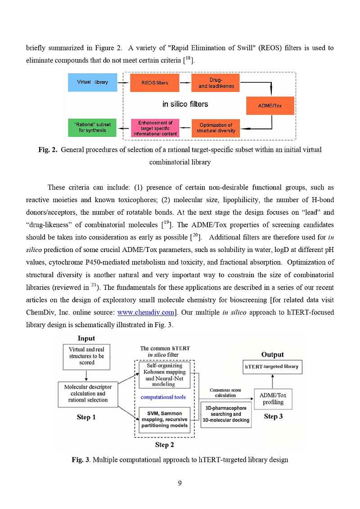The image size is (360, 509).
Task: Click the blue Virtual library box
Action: (x=92, y=82)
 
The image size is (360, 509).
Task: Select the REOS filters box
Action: (x=154, y=83)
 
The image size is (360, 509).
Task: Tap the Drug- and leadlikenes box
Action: (x=216, y=83)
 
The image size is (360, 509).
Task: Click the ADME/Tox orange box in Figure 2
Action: (x=270, y=106)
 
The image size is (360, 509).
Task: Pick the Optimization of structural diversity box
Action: (x=216, y=128)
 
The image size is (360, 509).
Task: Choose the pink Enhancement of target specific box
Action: (x=155, y=128)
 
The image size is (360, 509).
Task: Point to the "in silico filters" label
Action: (x=185, y=104)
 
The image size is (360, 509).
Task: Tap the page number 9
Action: (x=180, y=483)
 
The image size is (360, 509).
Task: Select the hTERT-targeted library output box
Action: (x=271, y=367)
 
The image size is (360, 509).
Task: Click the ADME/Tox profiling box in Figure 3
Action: (x=273, y=399)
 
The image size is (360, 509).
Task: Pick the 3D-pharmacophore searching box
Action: (x=225, y=414)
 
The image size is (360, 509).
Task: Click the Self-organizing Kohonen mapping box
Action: (x=164, y=375)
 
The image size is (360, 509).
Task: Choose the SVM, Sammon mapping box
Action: (x=164, y=419)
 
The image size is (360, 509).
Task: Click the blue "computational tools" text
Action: (x=163, y=397)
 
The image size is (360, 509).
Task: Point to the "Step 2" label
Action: (x=164, y=445)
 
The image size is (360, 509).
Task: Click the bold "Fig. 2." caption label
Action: (x=48, y=150)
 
